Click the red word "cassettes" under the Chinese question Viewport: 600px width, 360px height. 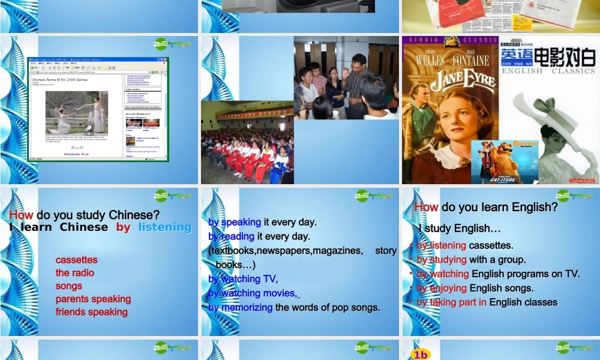coord(76,260)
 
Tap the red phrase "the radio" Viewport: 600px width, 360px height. coord(74,273)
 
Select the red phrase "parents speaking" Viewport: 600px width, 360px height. coord(93,299)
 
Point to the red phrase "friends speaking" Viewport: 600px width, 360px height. coord(91,312)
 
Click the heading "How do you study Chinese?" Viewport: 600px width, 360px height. coord(84,215)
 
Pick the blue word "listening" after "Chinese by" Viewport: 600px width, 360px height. coord(164,227)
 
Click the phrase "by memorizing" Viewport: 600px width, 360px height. coord(240,308)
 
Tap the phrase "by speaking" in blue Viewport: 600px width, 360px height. coord(235,222)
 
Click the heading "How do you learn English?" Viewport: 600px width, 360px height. coord(486,208)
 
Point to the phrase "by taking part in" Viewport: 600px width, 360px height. coord(451,302)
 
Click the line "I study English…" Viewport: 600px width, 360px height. coord(460,229)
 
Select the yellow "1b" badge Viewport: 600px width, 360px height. coord(421,355)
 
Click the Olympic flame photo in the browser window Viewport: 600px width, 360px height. coord(76,112)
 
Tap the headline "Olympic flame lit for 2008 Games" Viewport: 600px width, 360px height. coord(59,79)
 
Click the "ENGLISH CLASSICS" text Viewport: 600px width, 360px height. coord(548,71)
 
